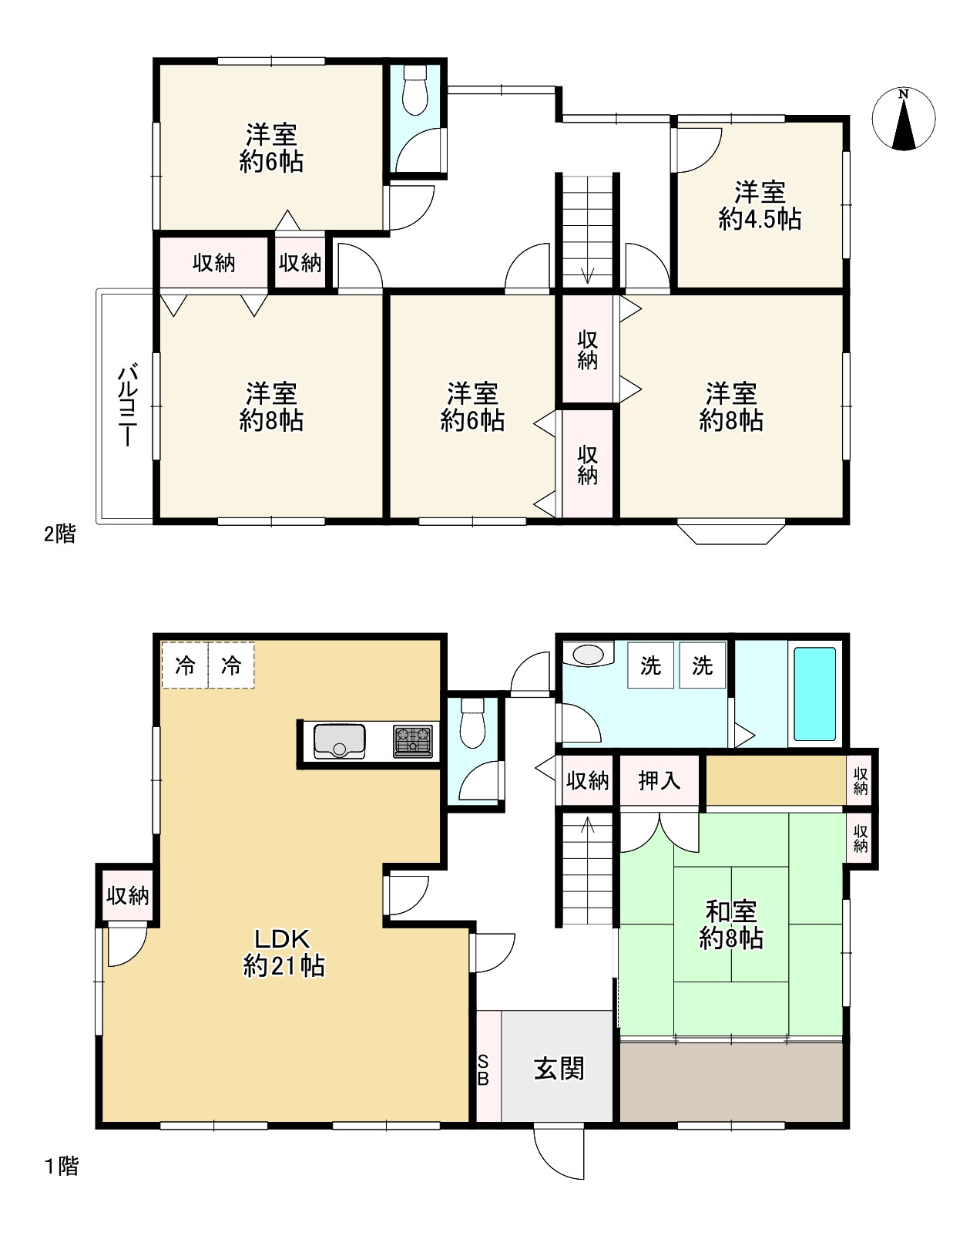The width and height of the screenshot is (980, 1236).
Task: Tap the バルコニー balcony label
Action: [127, 404]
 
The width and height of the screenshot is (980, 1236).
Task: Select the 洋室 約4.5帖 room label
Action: [760, 205]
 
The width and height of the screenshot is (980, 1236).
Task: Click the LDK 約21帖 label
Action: [284, 953]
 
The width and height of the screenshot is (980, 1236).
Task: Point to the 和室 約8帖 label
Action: [731, 924]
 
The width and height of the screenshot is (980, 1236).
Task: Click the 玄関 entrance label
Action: [559, 1069]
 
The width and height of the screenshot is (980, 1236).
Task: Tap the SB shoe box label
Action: [483, 1070]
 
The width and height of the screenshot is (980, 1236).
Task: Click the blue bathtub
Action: [814, 694]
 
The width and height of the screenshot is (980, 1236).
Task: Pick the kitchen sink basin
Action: [339, 741]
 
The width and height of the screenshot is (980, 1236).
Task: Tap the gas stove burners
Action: [413, 741]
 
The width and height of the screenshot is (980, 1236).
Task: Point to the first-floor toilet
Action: [472, 722]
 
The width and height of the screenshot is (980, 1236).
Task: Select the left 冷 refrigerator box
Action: [185, 665]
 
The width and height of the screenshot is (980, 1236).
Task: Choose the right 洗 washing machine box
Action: [702, 665]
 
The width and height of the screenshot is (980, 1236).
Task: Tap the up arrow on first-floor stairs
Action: [587, 825]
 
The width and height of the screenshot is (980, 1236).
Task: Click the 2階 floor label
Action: [59, 534]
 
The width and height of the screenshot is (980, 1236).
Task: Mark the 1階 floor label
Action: [61, 1167]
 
